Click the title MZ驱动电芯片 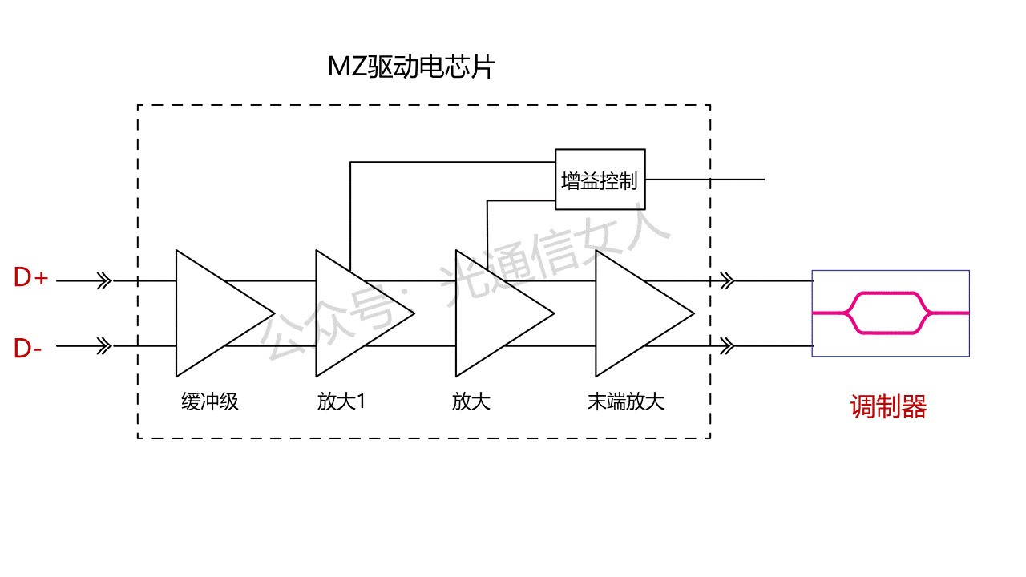[x=411, y=67]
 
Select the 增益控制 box [x=600, y=180]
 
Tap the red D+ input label [x=31, y=279]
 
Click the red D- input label [x=28, y=349]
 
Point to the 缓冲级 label [x=210, y=401]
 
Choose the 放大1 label [x=341, y=401]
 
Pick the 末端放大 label [x=625, y=401]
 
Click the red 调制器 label [x=888, y=407]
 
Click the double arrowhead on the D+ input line [x=104, y=281]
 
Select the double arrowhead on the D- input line [x=104, y=346]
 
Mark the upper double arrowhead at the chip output [x=727, y=281]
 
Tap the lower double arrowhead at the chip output [x=727, y=346]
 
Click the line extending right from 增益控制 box [x=705, y=180]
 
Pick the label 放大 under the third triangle [x=471, y=401]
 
